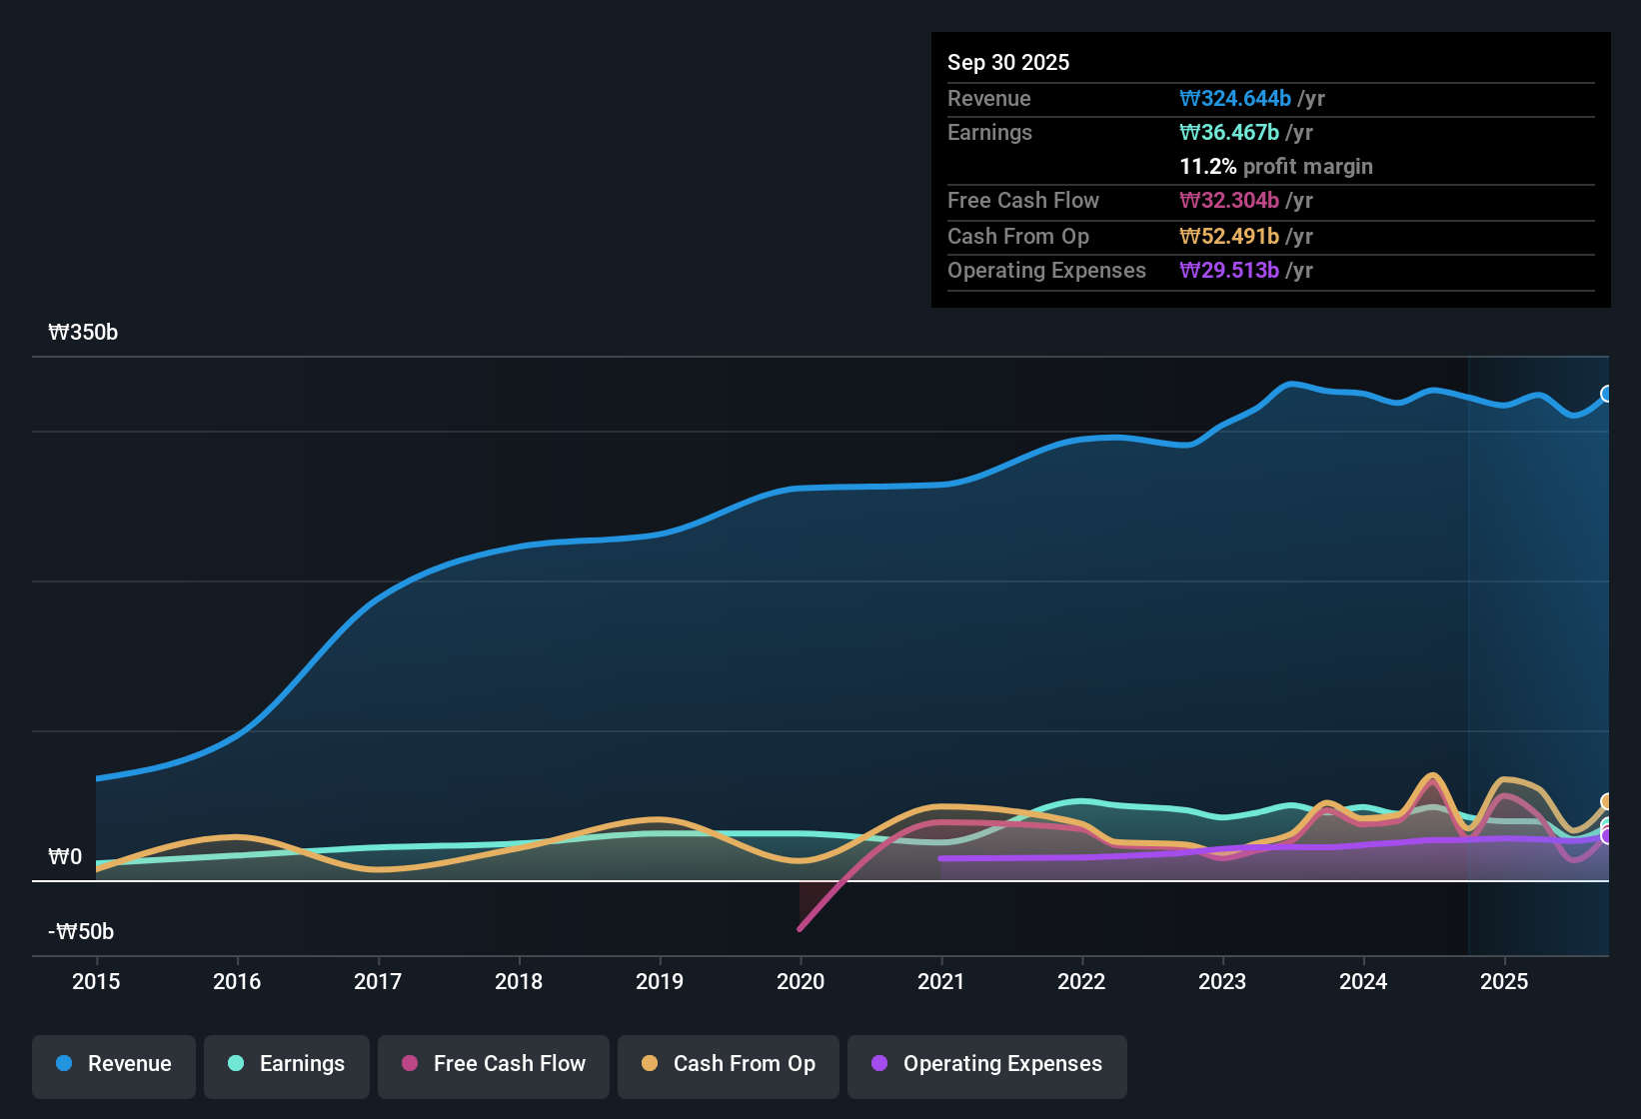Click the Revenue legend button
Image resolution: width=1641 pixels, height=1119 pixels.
click(114, 1064)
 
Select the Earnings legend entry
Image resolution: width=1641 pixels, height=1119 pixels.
click(287, 1064)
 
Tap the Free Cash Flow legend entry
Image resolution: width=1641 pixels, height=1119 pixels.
click(494, 1064)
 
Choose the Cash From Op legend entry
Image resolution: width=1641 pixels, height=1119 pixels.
click(729, 1064)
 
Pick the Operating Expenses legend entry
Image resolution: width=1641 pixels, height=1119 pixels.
click(987, 1064)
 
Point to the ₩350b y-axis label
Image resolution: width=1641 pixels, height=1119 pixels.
click(83, 333)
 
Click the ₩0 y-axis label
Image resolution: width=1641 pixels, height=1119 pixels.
click(65, 857)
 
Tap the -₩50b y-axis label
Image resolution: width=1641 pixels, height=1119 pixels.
click(81, 932)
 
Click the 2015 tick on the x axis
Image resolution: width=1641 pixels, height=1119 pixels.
click(96, 982)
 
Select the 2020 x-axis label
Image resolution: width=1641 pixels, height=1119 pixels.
click(801, 982)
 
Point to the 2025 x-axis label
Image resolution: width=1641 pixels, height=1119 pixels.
click(1504, 982)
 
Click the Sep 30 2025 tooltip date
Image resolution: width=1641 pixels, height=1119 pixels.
click(1008, 63)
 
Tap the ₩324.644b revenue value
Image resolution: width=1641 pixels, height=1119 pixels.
click(1235, 99)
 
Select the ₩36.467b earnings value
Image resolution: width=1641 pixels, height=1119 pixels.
click(1229, 133)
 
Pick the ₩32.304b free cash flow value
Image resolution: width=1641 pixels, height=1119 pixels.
click(1229, 201)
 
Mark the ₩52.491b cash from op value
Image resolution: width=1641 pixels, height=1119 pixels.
click(1229, 237)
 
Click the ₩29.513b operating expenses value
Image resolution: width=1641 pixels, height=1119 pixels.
click(1229, 271)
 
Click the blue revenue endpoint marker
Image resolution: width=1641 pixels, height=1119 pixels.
click(1607, 394)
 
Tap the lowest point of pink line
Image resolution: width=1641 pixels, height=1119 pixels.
click(800, 929)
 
